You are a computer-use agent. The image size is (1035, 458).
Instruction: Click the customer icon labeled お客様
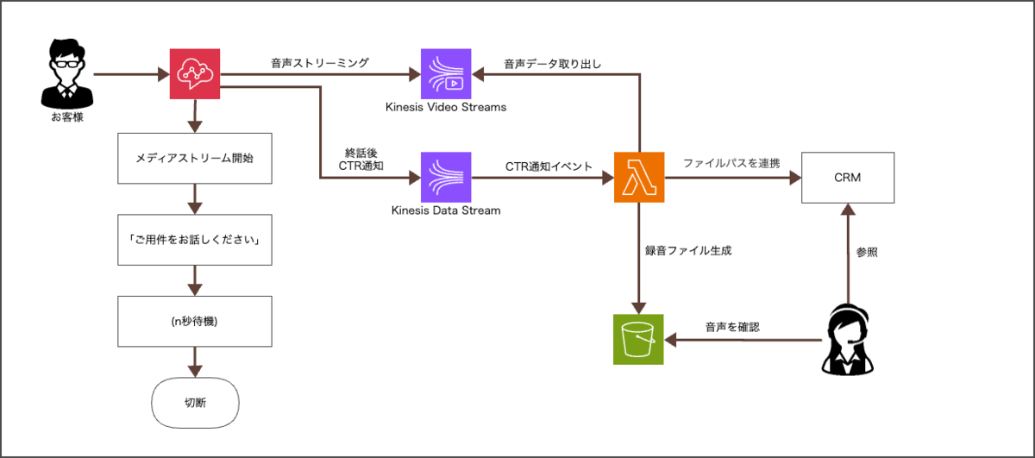67,73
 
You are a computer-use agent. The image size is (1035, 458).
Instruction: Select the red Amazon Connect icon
195,73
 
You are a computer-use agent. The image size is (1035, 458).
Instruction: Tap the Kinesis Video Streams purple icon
446,73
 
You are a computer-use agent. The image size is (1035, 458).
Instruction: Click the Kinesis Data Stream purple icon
446,177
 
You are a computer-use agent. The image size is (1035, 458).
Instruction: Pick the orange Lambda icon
639,177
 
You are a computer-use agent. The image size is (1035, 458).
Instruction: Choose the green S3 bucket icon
638,339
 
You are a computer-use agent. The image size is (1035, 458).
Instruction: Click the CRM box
847,178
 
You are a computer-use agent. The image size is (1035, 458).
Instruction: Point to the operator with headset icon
847,339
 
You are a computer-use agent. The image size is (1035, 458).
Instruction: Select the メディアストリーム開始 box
195,159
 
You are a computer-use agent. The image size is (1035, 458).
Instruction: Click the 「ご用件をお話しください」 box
195,240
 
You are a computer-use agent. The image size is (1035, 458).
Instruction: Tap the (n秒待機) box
195,321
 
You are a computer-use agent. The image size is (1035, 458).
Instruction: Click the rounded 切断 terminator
195,403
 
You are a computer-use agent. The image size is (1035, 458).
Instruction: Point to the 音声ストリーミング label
320,63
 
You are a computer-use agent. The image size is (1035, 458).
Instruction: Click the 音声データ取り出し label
552,64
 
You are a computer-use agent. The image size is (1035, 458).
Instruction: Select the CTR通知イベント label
549,166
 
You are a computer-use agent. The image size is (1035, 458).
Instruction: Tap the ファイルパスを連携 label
731,163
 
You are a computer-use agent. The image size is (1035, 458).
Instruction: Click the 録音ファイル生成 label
688,250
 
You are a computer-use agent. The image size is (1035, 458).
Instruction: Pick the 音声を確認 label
732,327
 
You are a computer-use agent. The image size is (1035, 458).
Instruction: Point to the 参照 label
867,253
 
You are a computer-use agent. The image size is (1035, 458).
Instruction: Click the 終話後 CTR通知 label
361,160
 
